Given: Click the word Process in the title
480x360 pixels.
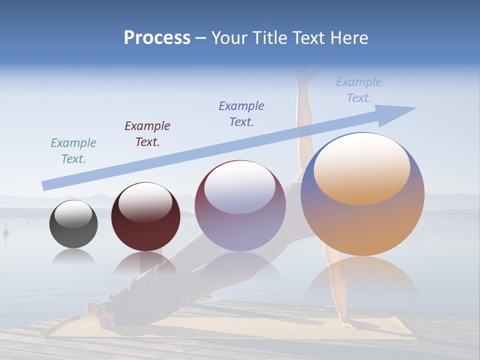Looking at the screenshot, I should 157,38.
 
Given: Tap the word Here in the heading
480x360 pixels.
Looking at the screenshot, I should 349,38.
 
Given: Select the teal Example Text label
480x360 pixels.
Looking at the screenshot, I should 73,151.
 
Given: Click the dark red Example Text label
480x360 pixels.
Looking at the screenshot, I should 147,133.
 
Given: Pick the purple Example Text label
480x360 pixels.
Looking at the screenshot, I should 241,113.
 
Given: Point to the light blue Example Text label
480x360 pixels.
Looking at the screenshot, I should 359,90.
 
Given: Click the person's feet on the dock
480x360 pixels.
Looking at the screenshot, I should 97,310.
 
